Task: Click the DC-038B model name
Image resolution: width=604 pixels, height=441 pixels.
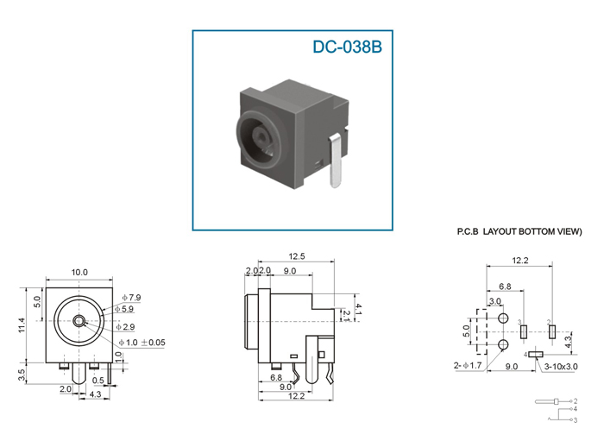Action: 347,47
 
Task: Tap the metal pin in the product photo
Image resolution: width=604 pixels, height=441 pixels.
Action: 336,161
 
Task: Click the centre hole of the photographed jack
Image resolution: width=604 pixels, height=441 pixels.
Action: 261,136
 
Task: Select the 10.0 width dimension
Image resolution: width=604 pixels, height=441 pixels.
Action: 79,273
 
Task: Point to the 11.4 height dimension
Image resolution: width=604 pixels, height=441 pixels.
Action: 22,325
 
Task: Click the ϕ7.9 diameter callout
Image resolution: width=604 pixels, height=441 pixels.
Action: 131,298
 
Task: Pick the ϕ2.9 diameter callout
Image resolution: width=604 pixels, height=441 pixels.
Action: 126,327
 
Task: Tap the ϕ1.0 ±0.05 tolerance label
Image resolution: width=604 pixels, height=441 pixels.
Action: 142,343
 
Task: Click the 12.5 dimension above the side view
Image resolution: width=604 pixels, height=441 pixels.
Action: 297,256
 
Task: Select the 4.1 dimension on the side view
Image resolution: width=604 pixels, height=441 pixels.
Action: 359,309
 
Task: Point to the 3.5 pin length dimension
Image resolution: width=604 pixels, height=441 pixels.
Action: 22,375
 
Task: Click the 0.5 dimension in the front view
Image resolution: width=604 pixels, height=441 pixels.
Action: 98,381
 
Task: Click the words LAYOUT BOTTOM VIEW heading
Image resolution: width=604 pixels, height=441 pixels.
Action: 532,231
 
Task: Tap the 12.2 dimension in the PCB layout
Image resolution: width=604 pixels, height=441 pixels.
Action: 520,261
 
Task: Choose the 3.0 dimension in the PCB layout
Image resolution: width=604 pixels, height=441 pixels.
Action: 495,301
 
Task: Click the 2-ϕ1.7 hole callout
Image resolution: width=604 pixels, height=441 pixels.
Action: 468,366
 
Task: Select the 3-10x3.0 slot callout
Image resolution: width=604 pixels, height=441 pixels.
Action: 561,366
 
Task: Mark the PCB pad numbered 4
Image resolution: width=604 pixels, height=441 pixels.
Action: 536,354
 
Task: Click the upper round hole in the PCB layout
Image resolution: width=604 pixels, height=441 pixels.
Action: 503,318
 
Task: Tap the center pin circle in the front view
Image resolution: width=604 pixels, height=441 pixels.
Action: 79,321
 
